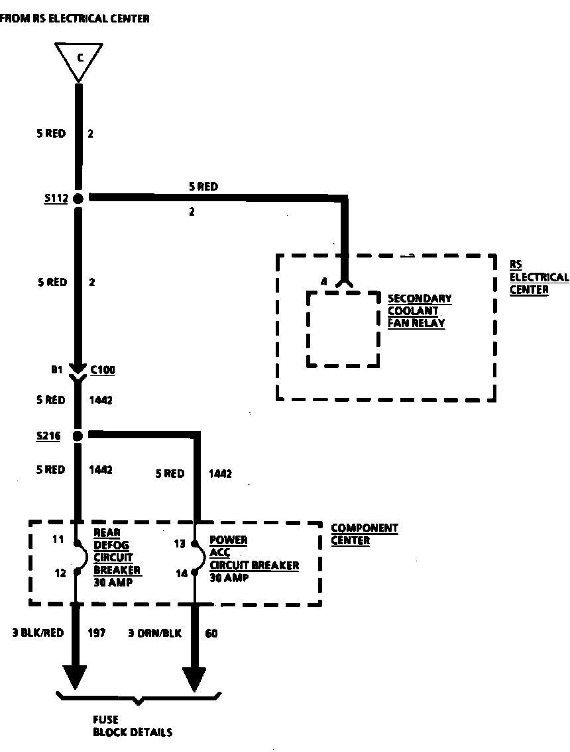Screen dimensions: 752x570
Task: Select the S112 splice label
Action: (56, 198)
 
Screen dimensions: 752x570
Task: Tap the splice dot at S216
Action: (78, 436)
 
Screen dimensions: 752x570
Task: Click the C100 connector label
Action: (103, 370)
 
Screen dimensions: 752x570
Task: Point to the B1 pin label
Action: (57, 370)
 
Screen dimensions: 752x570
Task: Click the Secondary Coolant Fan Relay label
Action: (420, 310)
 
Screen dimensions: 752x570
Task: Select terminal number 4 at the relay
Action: (323, 282)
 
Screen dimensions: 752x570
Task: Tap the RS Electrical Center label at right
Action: (538, 277)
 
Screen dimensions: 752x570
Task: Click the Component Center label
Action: (364, 534)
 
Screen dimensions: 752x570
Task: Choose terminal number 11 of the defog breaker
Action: (58, 540)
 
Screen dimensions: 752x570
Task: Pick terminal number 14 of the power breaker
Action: (182, 573)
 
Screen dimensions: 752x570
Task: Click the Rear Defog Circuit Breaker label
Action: (117, 557)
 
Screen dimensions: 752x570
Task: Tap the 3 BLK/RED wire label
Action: (38, 633)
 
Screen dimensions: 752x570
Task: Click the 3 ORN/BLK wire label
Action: (154, 633)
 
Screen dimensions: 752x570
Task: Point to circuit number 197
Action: (97, 633)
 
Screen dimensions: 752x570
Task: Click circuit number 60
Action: (211, 633)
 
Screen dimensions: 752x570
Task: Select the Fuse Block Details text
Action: (132, 726)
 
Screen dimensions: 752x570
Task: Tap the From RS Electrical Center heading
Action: (74, 19)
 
